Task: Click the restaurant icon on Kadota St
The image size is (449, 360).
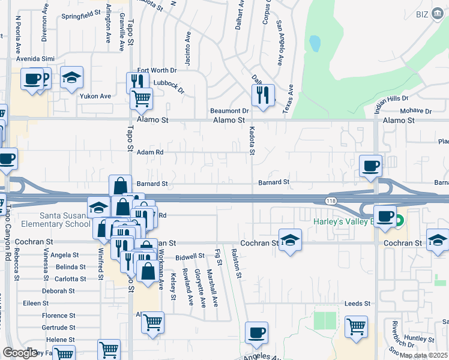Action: click(263, 95)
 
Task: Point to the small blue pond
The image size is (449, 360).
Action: click(314, 43)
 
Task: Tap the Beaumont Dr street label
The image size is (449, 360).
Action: click(229, 111)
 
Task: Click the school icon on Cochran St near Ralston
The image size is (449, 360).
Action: click(291, 240)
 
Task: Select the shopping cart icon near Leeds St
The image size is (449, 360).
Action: click(357, 326)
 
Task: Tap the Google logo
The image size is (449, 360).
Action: click(20, 353)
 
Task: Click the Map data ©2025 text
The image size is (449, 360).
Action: click(423, 355)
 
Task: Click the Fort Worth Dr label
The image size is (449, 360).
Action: click(157, 70)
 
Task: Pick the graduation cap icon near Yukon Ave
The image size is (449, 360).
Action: click(72, 77)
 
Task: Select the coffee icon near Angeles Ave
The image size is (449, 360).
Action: click(257, 332)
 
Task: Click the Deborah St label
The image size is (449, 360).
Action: click(54, 291)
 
